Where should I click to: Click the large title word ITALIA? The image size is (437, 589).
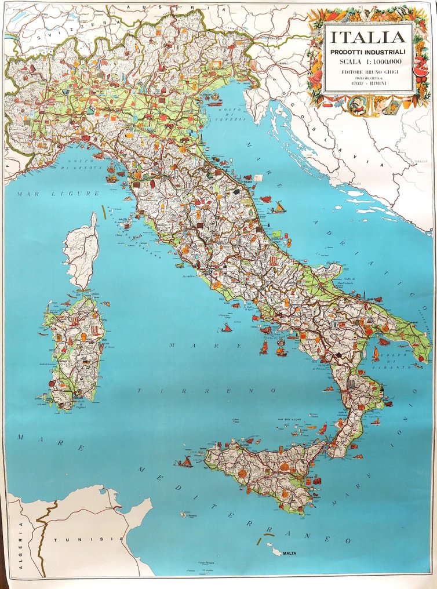[368, 38]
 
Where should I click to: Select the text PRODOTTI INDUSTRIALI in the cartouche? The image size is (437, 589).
[368, 52]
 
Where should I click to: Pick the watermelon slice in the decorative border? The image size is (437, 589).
[421, 70]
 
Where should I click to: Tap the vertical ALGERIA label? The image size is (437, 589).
[21, 546]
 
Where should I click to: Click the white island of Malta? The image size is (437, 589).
[271, 546]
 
